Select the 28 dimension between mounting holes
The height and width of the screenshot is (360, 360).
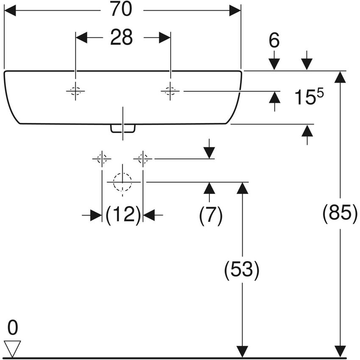tap(122, 38)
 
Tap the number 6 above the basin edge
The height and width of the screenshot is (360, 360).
tap(274, 41)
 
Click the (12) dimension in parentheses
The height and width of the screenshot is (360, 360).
tap(123, 216)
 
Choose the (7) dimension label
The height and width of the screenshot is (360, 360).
tap(210, 216)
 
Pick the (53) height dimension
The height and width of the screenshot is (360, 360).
tap(241, 270)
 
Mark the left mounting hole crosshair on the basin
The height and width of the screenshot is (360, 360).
tap(75, 91)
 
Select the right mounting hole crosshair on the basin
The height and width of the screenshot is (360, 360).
tap(170, 91)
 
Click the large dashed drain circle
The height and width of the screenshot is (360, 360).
tap(122, 182)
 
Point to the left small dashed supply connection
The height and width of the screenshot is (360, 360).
tap(102, 159)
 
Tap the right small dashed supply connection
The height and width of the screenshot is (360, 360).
tap(143, 159)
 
